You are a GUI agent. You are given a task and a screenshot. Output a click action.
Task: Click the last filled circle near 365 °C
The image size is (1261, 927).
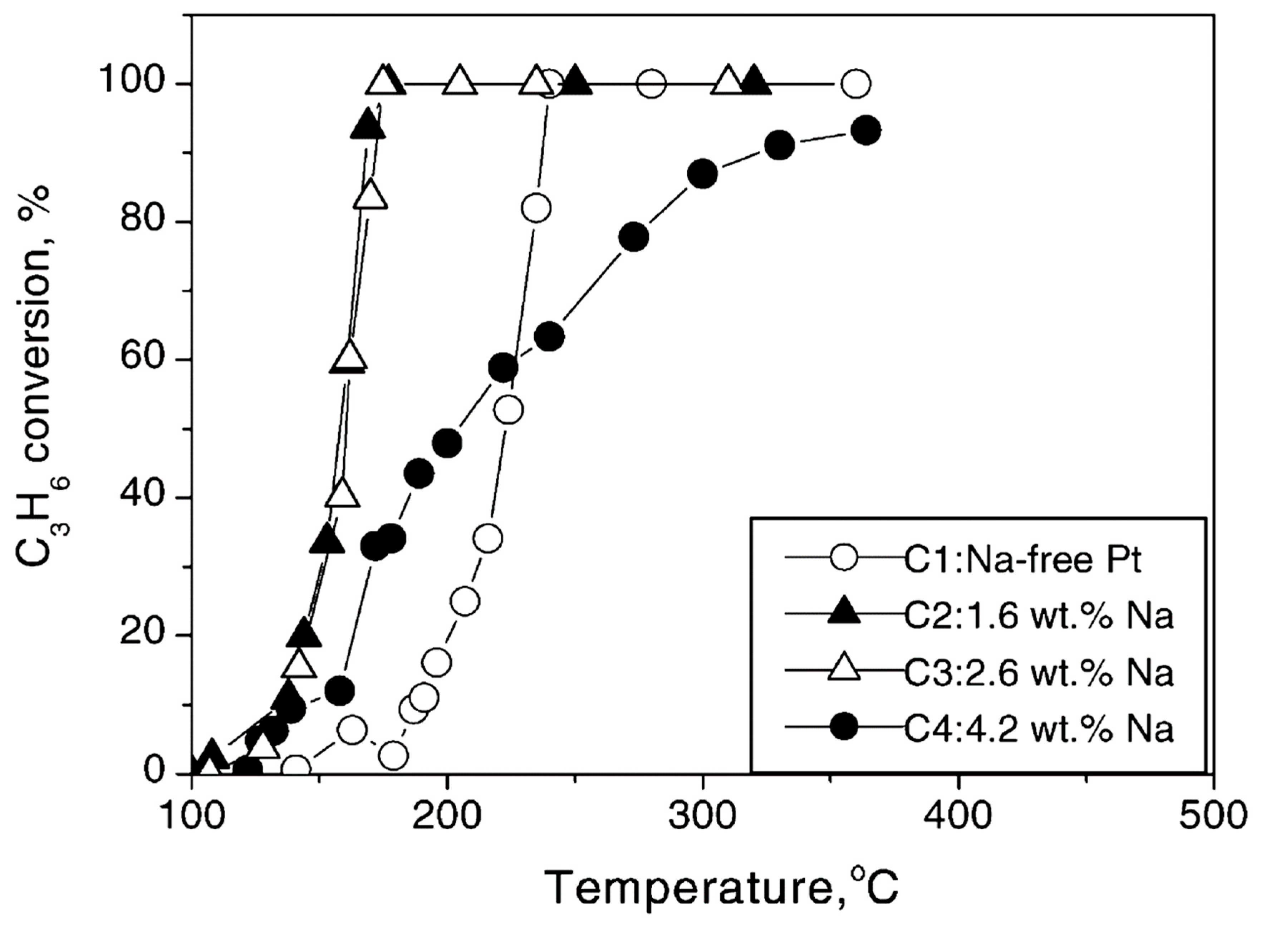[866, 131]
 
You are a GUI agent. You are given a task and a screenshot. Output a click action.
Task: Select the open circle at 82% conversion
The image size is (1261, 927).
[535, 208]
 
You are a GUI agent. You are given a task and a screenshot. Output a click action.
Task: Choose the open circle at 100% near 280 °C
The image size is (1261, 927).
[651, 84]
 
